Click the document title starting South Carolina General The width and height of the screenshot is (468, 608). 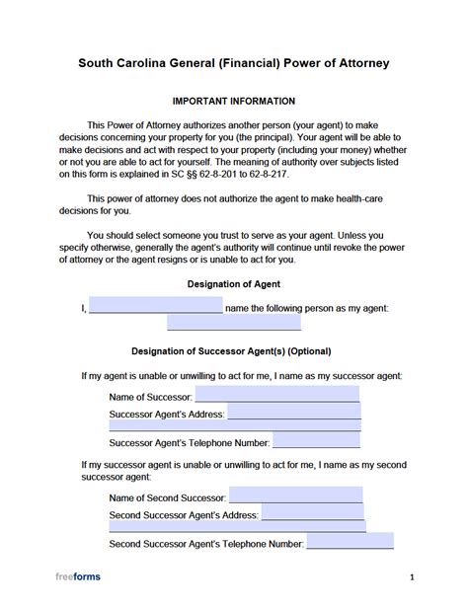click(234, 63)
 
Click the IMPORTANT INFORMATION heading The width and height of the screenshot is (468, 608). click(234, 101)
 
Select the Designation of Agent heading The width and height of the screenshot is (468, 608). click(234, 284)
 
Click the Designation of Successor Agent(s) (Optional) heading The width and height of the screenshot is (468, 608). click(234, 350)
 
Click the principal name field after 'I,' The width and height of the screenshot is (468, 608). click(155, 306)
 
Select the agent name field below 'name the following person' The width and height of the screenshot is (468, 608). click(234, 322)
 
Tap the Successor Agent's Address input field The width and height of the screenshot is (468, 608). click(293, 414)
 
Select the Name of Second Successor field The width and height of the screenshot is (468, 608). click(295, 495)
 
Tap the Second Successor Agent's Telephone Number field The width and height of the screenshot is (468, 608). click(350, 542)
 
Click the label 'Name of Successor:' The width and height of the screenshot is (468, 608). click(150, 397)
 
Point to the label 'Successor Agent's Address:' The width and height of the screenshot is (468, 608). click(167, 415)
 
